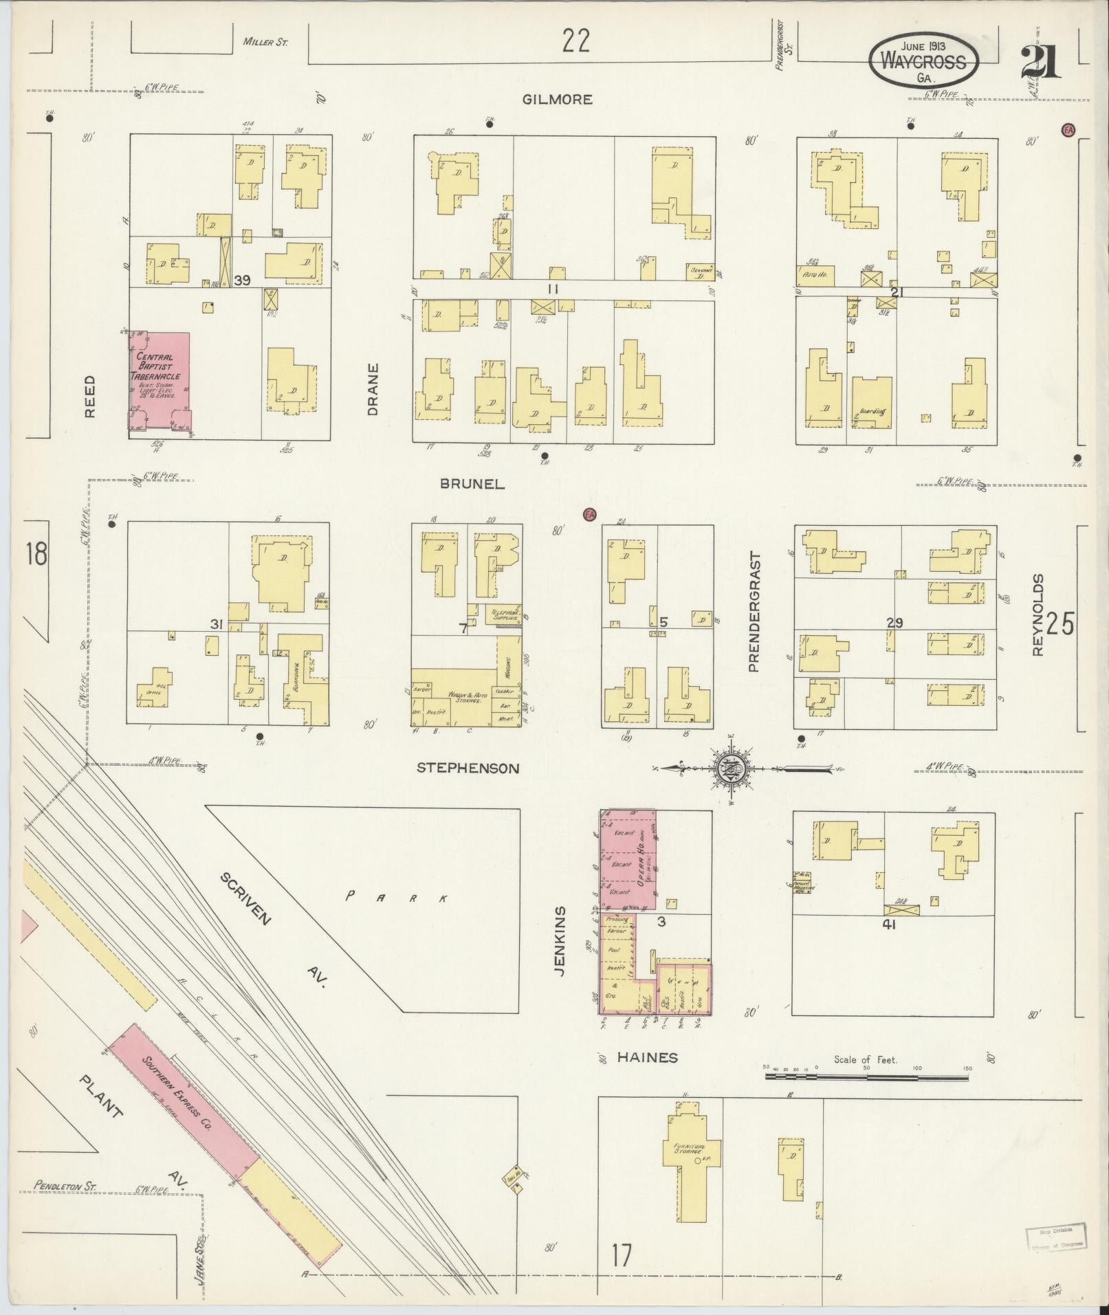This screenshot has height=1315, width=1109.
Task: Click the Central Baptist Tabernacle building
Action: (x=160, y=385)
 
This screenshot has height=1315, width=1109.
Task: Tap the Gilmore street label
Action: (x=557, y=100)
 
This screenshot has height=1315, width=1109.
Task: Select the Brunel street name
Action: (x=472, y=484)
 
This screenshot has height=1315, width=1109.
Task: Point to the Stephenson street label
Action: (x=468, y=769)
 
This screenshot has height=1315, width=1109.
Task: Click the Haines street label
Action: (x=647, y=1057)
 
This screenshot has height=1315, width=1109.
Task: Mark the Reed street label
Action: (x=90, y=397)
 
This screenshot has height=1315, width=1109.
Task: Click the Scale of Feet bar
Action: (x=866, y=1076)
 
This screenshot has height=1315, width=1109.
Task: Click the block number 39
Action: (x=241, y=280)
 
